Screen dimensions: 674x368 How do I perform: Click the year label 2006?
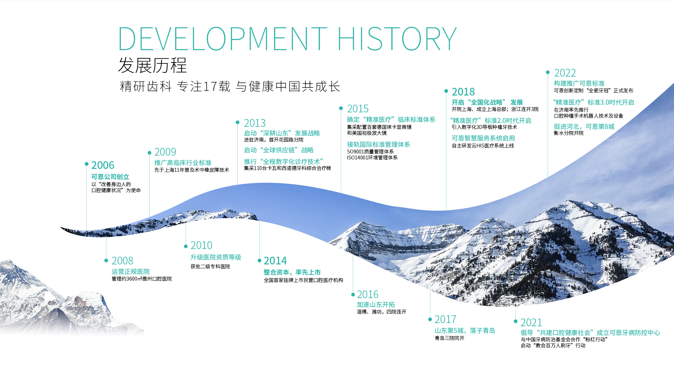click(103, 165)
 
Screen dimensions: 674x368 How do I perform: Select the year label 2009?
click(165, 152)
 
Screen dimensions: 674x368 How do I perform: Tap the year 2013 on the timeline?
click(255, 123)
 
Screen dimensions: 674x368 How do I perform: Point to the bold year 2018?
click(463, 92)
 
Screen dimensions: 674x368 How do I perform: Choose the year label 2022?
click(565, 73)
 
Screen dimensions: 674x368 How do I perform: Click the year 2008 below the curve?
click(122, 261)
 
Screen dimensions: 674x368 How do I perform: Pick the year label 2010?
click(201, 245)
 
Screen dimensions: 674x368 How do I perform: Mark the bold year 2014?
click(275, 261)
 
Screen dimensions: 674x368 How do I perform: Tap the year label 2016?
click(368, 294)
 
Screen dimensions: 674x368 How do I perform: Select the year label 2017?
click(445, 319)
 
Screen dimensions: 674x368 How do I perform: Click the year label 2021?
click(531, 322)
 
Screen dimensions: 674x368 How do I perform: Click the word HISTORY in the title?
click(397, 38)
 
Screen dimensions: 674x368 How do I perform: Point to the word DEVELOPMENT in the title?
click(223, 38)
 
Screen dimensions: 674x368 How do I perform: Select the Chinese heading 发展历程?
click(152, 65)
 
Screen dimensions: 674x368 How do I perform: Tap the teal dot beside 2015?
click(341, 108)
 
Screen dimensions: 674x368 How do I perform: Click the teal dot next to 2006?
click(86, 164)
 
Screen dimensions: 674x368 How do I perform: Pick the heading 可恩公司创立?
click(110, 177)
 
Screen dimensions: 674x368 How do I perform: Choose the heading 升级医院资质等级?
click(216, 257)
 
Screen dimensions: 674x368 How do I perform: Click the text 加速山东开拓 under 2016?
click(376, 304)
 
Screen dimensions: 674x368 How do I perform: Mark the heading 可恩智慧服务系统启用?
click(483, 138)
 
